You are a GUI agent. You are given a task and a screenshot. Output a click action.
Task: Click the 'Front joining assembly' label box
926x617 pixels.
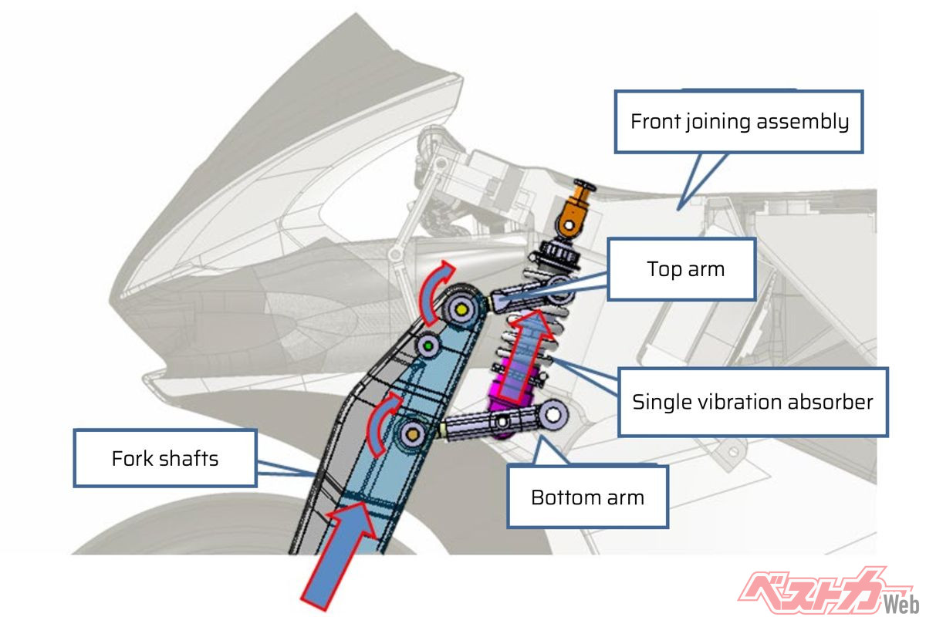(x=738, y=122)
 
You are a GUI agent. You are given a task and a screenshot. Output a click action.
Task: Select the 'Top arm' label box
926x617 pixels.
(x=681, y=269)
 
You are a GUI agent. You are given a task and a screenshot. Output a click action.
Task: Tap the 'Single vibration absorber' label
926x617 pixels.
(x=752, y=402)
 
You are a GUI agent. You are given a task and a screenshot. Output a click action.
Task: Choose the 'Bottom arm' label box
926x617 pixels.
(x=587, y=497)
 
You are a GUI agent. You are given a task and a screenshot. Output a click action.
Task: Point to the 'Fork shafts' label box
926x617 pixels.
(x=165, y=458)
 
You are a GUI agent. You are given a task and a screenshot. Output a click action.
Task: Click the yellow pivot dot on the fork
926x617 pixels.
(x=461, y=309)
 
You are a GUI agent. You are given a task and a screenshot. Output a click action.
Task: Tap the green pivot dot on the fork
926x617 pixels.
(x=428, y=346)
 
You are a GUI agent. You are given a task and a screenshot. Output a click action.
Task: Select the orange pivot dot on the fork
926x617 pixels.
(x=412, y=434)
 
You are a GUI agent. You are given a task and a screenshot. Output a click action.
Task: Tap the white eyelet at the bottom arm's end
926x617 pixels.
(x=553, y=414)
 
